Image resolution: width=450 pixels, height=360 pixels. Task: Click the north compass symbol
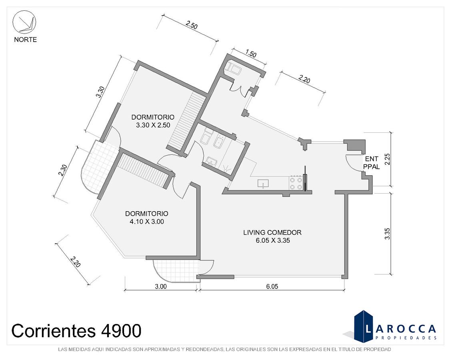click(x=24, y=23)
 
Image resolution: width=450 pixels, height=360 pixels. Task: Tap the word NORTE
click(x=26, y=40)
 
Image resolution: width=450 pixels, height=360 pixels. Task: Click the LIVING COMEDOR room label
click(x=272, y=232)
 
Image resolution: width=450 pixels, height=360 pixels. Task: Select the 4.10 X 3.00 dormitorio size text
click(x=147, y=222)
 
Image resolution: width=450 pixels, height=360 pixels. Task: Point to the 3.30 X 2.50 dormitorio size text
click(x=153, y=125)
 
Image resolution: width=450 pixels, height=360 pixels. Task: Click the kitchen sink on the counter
click(x=263, y=183)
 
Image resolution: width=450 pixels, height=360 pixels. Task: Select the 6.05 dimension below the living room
click(x=272, y=286)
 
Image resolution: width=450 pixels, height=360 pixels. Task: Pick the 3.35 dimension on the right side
click(x=387, y=234)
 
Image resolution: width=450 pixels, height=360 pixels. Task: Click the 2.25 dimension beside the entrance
click(x=387, y=159)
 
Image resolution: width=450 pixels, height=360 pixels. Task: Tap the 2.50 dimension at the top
click(x=192, y=25)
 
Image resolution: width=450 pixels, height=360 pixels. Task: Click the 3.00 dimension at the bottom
click(x=160, y=286)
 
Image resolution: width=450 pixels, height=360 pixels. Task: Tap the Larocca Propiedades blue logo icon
click(x=362, y=326)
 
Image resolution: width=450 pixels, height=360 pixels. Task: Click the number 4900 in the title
click(x=121, y=331)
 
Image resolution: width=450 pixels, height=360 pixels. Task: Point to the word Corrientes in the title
click(x=53, y=331)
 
